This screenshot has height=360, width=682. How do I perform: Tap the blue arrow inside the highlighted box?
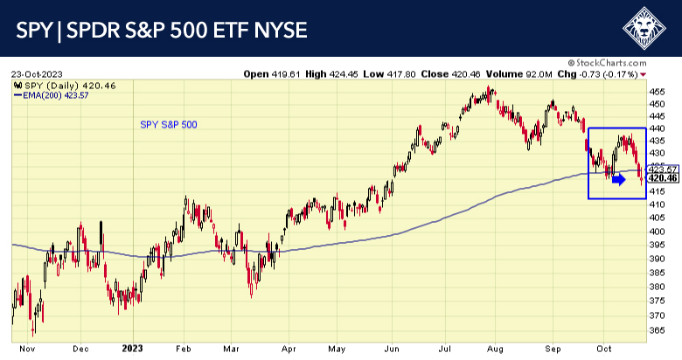tap(618, 179)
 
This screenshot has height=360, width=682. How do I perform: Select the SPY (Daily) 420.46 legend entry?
tap(53, 85)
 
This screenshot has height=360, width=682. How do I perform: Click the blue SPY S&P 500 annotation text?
tap(169, 125)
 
